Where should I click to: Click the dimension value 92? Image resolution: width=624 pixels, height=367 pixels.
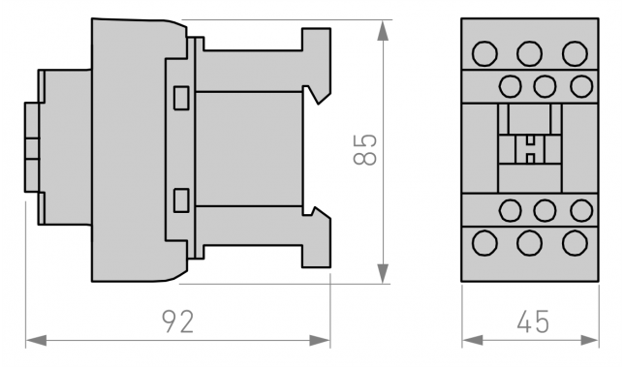(x=178, y=321)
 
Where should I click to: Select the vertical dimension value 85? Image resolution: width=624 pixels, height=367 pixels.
(x=364, y=150)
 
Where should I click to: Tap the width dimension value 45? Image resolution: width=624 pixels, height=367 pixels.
(x=533, y=321)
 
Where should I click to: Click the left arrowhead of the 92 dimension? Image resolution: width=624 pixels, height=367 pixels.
(x=36, y=341)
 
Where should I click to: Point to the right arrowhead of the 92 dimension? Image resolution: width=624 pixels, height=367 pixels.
(x=320, y=341)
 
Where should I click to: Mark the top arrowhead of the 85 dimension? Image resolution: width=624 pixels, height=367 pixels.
(x=383, y=30)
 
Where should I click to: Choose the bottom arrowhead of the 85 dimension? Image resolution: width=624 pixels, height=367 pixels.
(x=383, y=274)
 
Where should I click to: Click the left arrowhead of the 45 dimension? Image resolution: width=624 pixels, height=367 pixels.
(x=473, y=341)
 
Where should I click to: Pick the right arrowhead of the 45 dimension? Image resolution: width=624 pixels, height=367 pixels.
(x=588, y=341)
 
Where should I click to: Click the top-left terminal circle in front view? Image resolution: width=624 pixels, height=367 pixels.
(x=484, y=53)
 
